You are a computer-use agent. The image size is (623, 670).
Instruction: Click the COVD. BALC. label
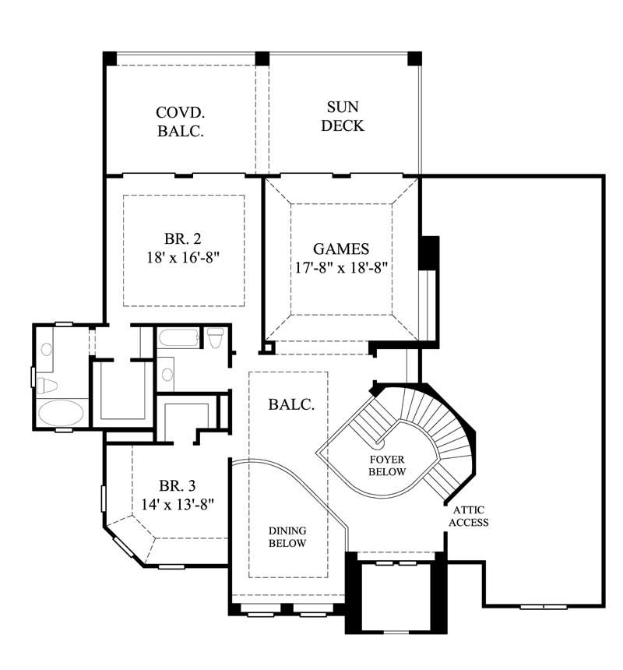tap(181, 121)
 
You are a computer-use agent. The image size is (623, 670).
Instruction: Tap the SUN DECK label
tap(343, 116)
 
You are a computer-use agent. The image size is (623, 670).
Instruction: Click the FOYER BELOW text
tap(387, 466)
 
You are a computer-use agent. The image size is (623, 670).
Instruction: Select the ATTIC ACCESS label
tap(469, 516)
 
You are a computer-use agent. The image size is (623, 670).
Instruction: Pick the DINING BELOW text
tap(287, 537)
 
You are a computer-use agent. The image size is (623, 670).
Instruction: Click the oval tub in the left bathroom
tap(63, 413)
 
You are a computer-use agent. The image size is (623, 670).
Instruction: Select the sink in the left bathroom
tap(47, 350)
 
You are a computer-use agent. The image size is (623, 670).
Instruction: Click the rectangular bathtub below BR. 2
tap(178, 338)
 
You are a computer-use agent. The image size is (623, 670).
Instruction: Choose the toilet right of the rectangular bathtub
tap(216, 337)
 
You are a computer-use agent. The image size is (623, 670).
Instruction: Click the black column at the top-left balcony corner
tap(110, 58)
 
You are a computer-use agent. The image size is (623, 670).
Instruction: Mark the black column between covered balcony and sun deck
tap(262, 58)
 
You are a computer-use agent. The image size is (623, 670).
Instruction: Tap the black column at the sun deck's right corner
tap(415, 58)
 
